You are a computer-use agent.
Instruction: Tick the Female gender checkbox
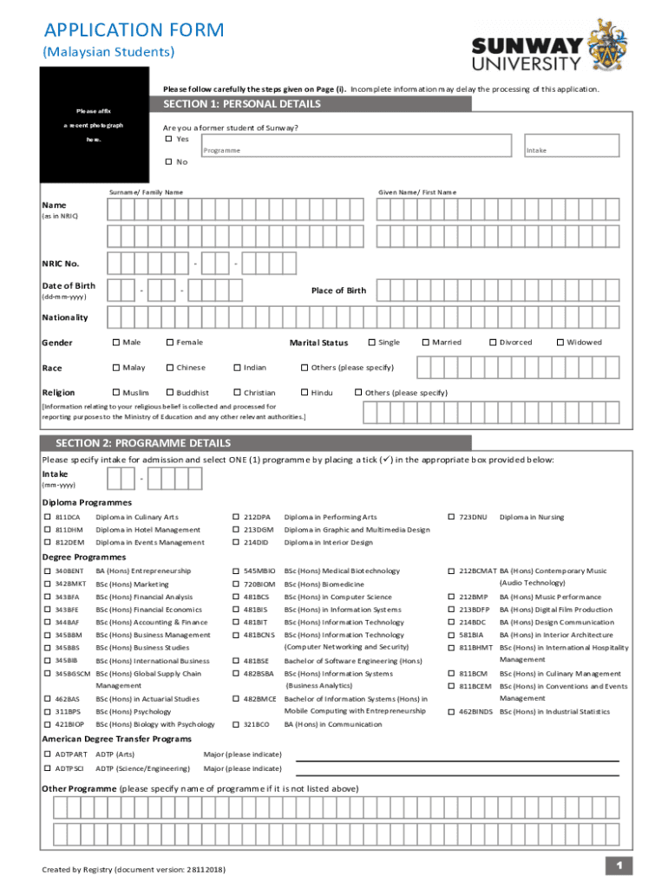tap(169, 343)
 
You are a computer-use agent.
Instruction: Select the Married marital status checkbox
tap(425, 343)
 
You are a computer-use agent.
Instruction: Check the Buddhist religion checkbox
tap(169, 393)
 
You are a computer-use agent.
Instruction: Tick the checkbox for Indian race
tap(237, 368)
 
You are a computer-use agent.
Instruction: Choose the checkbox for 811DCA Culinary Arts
tap(49, 518)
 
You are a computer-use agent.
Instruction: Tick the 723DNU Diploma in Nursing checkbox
tap(452, 518)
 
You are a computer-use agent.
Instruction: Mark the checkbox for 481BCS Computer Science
tap(236, 597)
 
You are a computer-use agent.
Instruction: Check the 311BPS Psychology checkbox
tap(49, 712)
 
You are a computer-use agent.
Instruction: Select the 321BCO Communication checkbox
tap(236, 724)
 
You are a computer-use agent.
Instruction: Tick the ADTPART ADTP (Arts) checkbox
tap(49, 754)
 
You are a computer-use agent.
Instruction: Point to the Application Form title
tap(134, 30)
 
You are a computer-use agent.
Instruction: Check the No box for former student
tap(169, 162)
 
